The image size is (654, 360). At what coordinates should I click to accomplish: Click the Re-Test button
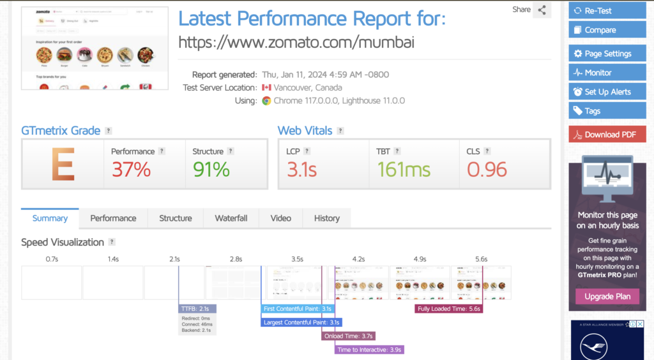pyautogui.click(x=607, y=10)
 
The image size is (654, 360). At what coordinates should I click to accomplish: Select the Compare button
pyautogui.click(x=607, y=29)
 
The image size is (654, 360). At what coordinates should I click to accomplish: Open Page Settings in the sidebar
pyautogui.click(x=607, y=54)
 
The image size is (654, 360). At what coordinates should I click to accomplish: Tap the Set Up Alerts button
pyautogui.click(x=607, y=91)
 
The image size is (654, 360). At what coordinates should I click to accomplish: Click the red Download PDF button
pyautogui.click(x=607, y=134)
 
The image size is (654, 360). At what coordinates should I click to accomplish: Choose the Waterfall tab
pyautogui.click(x=231, y=218)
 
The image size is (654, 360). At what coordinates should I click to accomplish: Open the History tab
pyautogui.click(x=326, y=218)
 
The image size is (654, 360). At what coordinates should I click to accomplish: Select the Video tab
pyautogui.click(x=280, y=218)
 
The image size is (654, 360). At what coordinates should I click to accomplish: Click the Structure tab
pyautogui.click(x=175, y=218)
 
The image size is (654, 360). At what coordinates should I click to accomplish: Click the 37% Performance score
pyautogui.click(x=131, y=169)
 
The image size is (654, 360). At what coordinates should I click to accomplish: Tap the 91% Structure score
pyautogui.click(x=211, y=169)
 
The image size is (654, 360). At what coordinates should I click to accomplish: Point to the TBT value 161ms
pyautogui.click(x=404, y=169)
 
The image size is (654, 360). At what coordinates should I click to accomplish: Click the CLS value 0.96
pyautogui.click(x=487, y=169)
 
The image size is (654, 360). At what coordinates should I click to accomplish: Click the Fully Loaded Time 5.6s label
pyautogui.click(x=448, y=309)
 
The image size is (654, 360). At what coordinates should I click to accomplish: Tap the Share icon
pyautogui.click(x=542, y=10)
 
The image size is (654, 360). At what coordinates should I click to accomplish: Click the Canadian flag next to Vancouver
pyautogui.click(x=266, y=87)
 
